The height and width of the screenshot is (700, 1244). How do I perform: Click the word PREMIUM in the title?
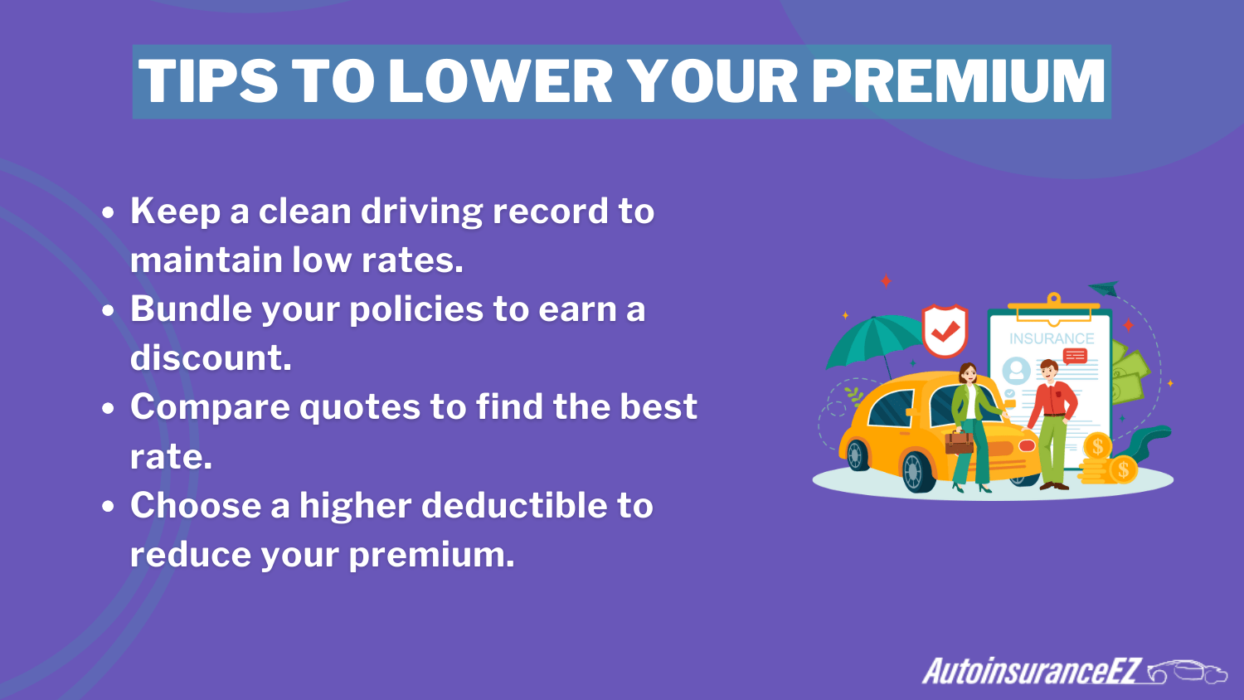[x=958, y=81]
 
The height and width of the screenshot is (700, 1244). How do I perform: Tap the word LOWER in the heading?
[x=500, y=81]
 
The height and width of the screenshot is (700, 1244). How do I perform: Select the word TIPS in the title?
[x=208, y=81]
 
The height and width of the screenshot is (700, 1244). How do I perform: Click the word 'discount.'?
[x=211, y=358]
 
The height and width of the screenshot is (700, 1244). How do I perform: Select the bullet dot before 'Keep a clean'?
[x=108, y=212]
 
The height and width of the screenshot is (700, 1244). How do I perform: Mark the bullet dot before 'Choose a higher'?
[x=108, y=507]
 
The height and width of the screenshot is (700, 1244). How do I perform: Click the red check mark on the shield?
[x=945, y=332]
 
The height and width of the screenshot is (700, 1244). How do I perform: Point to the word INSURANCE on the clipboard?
[x=1052, y=338]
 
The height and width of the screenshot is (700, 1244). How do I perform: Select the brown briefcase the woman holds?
[x=960, y=441]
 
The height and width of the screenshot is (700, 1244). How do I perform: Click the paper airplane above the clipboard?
[x=1105, y=289]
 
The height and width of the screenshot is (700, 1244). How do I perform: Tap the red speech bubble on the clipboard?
[x=1075, y=357]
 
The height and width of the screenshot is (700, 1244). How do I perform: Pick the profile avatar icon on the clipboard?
[x=1016, y=371]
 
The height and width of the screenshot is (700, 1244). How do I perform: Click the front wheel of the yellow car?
[x=916, y=471]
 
